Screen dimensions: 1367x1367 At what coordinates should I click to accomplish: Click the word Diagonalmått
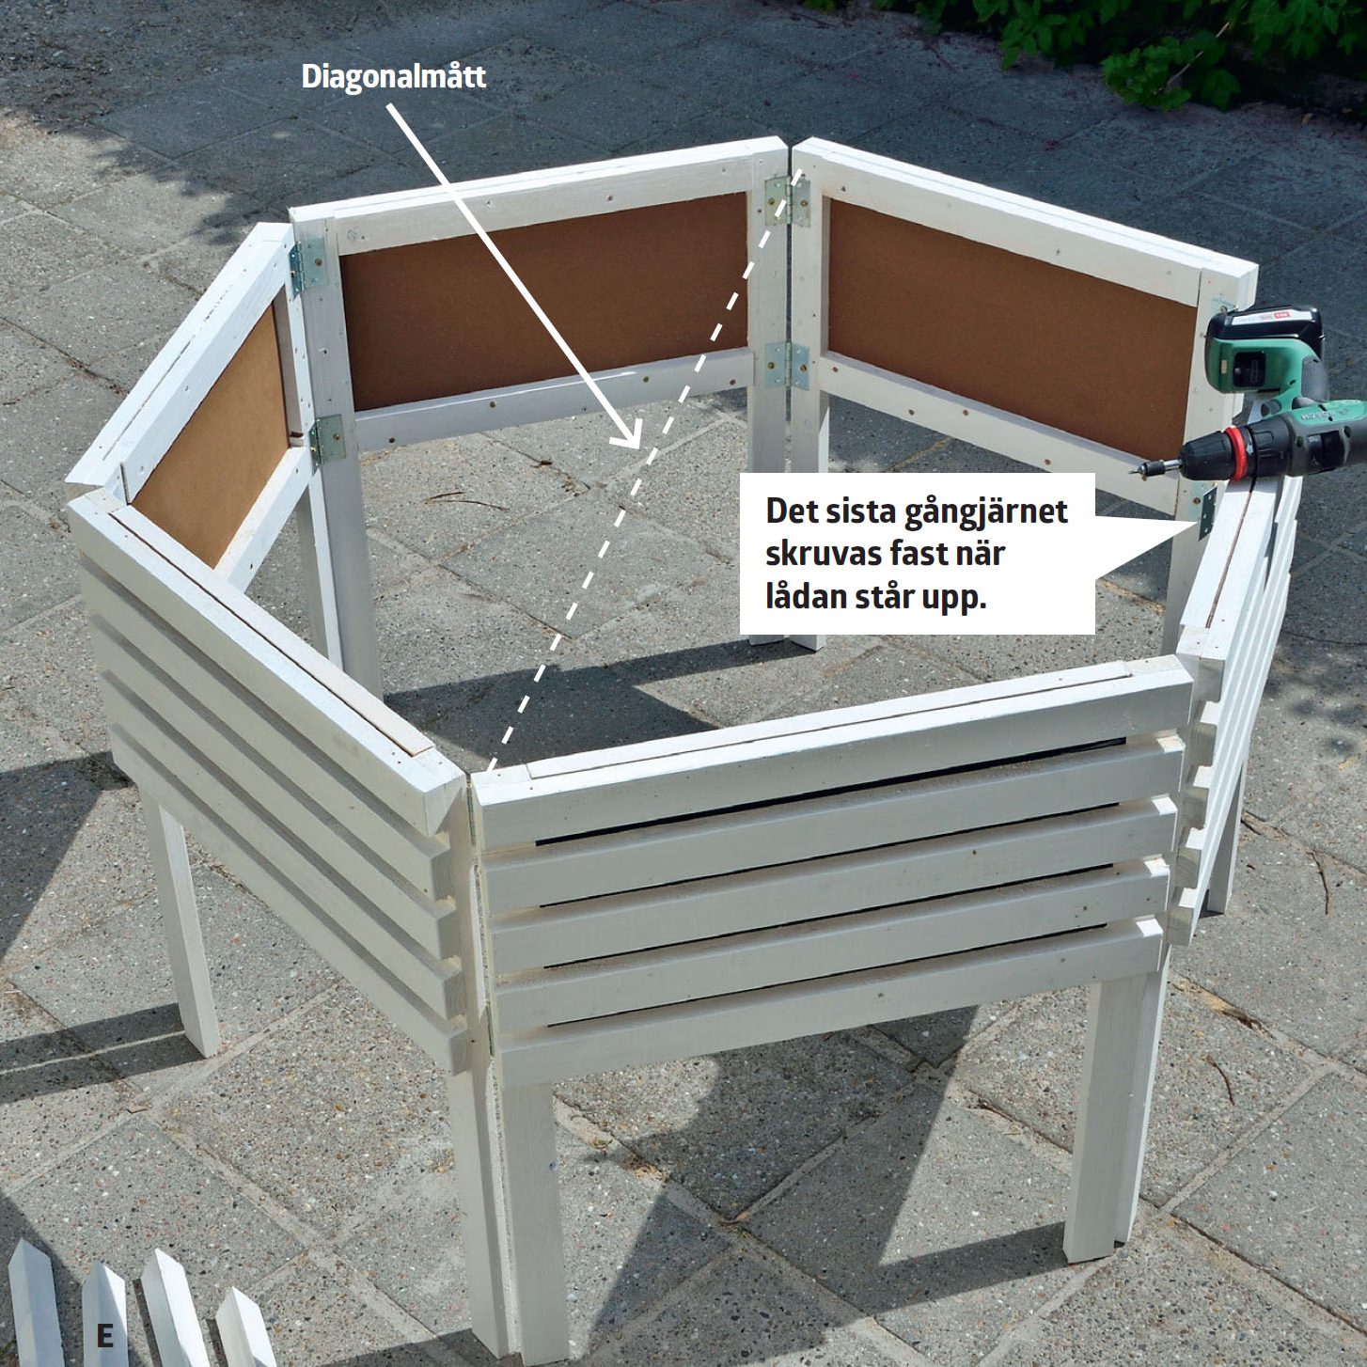tap(394, 76)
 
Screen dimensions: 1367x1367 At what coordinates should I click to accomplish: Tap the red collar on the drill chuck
tap(1239, 453)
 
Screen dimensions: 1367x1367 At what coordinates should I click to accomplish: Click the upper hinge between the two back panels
tap(788, 201)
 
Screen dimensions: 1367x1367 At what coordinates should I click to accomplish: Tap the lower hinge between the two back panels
tap(788, 366)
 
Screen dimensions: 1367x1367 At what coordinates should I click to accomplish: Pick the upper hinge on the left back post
tap(309, 266)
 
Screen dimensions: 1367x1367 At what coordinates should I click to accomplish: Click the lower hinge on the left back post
tap(326, 440)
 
